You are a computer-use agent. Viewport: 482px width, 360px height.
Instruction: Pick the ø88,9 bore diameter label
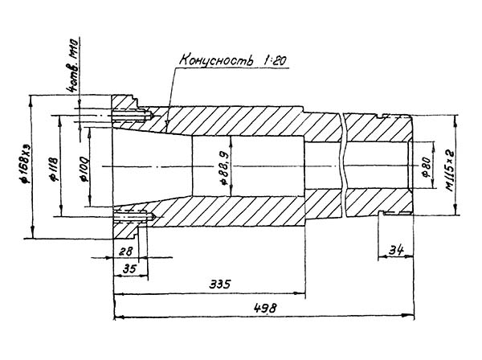(223, 166)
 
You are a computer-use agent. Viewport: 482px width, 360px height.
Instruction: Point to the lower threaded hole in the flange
(133, 215)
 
